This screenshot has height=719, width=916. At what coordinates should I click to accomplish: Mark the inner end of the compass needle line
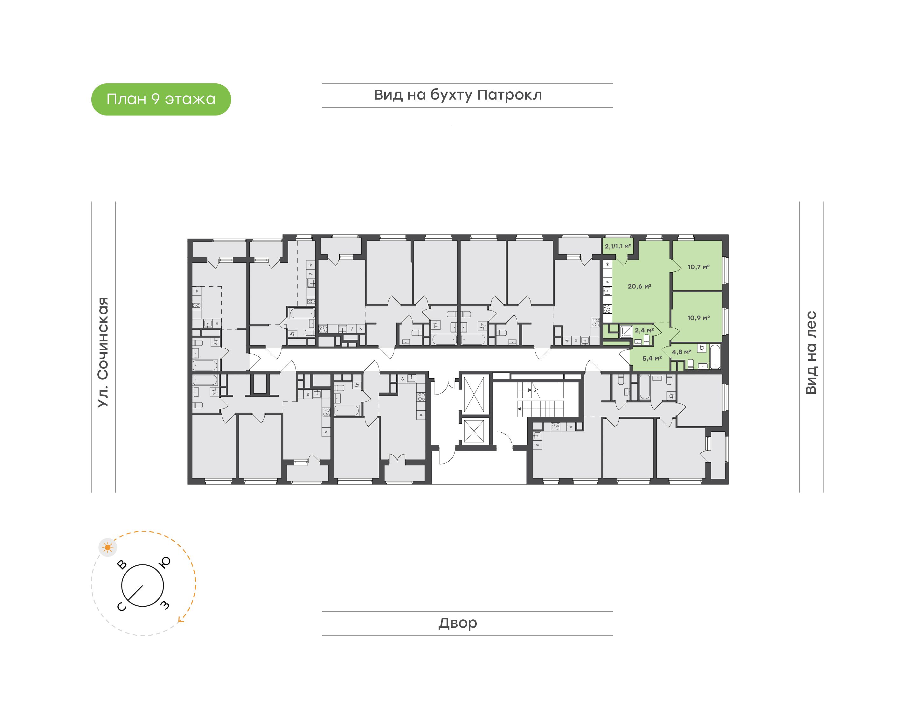[x=142, y=586]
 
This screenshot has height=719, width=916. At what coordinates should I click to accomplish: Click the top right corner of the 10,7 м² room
[x=722, y=241]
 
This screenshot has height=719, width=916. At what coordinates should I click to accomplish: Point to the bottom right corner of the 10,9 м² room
[x=722, y=341]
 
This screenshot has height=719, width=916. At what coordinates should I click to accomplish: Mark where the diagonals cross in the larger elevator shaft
[x=474, y=394]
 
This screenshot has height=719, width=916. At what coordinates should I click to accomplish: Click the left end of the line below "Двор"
[x=322, y=635]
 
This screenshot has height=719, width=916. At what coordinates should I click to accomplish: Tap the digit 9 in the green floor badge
[x=155, y=99]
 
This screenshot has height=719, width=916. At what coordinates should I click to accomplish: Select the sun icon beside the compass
[x=108, y=547]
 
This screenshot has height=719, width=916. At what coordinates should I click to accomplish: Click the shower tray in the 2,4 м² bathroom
[x=626, y=331]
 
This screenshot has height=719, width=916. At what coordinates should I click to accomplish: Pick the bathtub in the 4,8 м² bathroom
[x=715, y=357]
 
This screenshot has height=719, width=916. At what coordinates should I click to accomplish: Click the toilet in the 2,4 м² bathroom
[x=646, y=339]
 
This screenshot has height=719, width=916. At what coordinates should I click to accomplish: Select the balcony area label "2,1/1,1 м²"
[x=618, y=246]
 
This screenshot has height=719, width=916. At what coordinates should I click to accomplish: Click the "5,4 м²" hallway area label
[x=652, y=358]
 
